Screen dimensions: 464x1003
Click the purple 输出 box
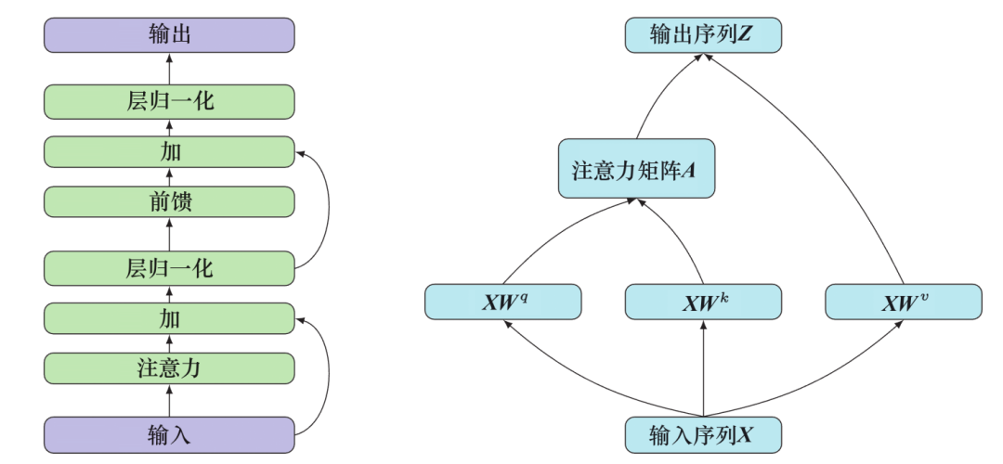pos(169,35)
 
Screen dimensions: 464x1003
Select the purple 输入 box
pos(169,434)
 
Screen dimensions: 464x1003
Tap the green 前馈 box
pos(169,201)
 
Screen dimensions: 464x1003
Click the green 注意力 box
pos(169,368)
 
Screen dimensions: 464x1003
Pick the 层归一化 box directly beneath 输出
pos(169,100)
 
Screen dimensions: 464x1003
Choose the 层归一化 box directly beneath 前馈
pos(169,268)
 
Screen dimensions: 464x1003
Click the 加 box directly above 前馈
pos(169,151)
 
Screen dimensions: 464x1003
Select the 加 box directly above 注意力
pos(169,318)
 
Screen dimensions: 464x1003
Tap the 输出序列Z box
pos(702,35)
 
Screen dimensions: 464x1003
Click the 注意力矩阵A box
pos(636,169)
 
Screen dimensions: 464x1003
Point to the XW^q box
pos(502,302)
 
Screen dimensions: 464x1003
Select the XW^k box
pos(702,302)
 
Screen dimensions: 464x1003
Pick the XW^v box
pos(903,302)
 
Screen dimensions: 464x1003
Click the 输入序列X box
pos(702,434)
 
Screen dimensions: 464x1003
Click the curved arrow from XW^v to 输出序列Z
pos(836,148)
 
